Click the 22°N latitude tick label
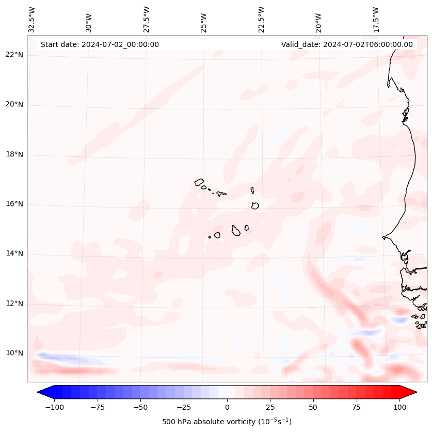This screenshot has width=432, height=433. tap(14, 55)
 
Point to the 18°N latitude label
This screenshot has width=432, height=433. tap(14, 154)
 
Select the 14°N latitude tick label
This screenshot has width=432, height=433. tap(14, 253)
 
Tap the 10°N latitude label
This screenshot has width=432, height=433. tap(14, 353)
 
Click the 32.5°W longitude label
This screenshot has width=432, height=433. tap(32, 19)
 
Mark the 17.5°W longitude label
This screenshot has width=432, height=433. tap(376, 19)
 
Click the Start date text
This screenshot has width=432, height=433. tap(100, 44)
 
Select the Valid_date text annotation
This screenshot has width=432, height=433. tap(347, 44)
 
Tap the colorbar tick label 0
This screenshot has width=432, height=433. tap(227, 407)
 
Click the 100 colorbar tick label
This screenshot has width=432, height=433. tap(400, 407)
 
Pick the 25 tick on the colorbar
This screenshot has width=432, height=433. tap(270, 407)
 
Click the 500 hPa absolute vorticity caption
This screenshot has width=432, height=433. tap(227, 422)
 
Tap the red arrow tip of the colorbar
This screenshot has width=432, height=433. tap(412, 392)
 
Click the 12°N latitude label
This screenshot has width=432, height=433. tap(14, 303)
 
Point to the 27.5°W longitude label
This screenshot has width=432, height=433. tap(147, 19)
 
